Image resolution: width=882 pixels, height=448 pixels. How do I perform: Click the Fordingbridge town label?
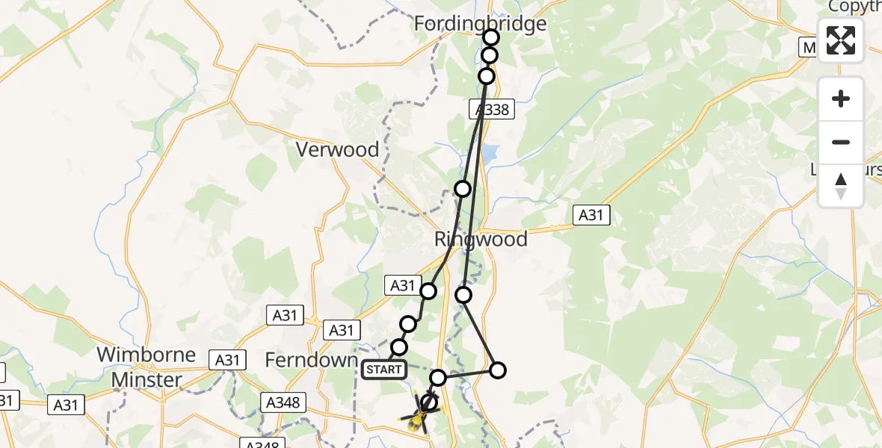481,24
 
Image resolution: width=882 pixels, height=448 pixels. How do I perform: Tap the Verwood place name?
338,149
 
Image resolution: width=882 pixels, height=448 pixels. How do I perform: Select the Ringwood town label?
481,240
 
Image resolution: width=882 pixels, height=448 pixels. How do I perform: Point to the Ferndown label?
312,360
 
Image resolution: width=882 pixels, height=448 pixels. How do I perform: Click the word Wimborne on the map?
147,355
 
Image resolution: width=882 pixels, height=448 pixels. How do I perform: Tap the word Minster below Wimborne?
147,380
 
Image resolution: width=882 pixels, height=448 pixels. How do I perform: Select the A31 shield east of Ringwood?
591,216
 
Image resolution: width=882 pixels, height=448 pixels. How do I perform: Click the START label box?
383,369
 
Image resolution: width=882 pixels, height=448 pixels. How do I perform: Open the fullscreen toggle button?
841,40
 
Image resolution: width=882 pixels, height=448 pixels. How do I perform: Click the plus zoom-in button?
841,99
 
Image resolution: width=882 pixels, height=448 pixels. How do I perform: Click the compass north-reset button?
841,186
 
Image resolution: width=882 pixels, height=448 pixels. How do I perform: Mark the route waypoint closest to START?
399,347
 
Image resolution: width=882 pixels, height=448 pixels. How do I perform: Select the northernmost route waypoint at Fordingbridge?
491,37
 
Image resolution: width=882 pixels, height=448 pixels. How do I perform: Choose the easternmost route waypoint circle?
497,370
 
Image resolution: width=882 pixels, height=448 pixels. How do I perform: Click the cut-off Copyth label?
854,7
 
